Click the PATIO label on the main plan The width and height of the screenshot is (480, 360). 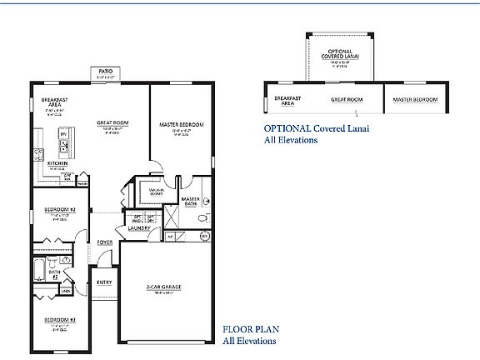(x=105, y=72)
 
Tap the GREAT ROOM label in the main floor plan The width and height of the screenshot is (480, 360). (x=110, y=121)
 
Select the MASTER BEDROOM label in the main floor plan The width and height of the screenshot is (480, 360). (x=181, y=124)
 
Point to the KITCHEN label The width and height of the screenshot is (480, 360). (x=57, y=162)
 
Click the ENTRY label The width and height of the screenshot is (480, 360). (x=104, y=282)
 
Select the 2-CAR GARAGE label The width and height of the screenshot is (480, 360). (x=163, y=287)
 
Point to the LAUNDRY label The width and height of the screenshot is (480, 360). (x=138, y=227)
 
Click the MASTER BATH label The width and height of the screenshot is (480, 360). (x=190, y=201)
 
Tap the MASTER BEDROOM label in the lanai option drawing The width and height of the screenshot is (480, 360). (x=415, y=99)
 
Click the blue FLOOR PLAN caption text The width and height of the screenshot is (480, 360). (x=248, y=330)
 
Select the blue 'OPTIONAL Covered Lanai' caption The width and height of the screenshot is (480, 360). (x=316, y=129)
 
